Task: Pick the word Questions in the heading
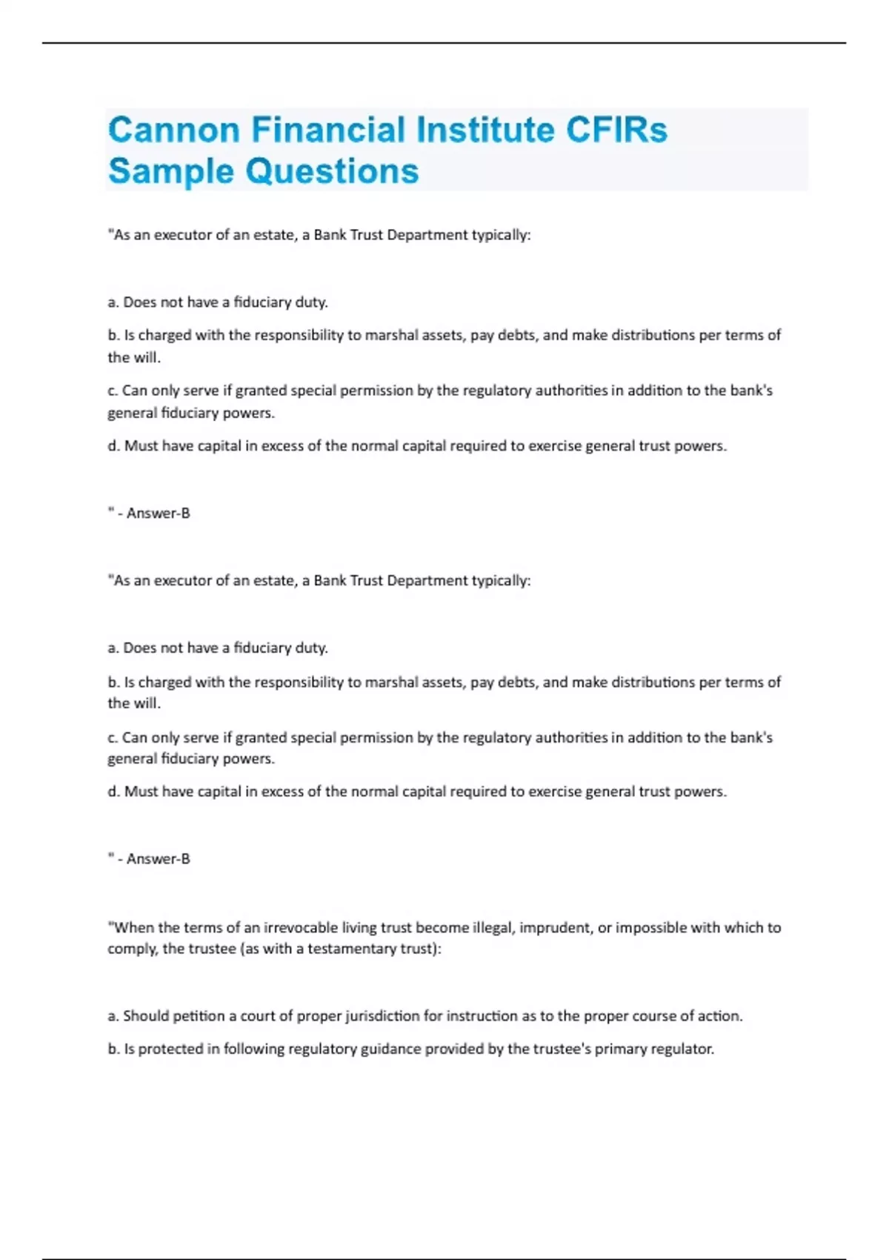[x=332, y=171]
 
